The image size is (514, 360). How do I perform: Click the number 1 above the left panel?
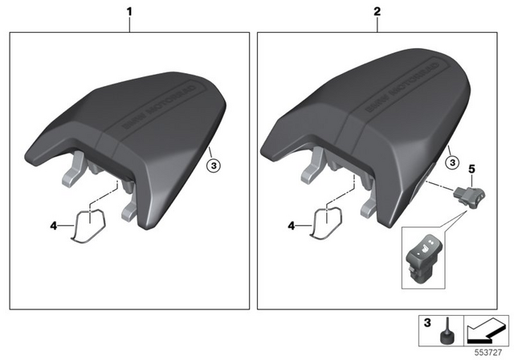tap(129, 14)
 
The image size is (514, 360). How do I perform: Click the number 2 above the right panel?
tap(377, 14)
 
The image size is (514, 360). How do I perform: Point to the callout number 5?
tap(472, 170)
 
